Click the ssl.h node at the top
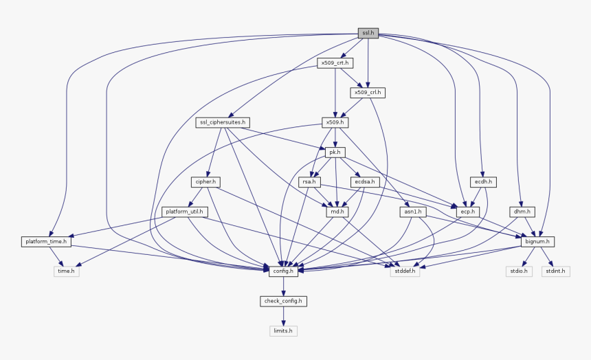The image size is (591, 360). pos(368,32)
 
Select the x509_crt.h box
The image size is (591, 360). pos(335,63)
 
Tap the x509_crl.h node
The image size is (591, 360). pos(367,92)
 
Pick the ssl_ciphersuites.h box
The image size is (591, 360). pos(222,122)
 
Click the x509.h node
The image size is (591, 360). pos(335,122)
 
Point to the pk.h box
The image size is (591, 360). pos(335,152)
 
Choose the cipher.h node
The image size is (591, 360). pos(205,182)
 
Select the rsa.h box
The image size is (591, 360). pos(309,182)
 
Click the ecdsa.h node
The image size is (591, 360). pos(364,182)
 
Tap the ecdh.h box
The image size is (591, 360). pos(483,182)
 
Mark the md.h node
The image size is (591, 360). pos(335,212)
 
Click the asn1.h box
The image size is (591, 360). pos(412,212)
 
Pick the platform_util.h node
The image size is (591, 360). pos(183,212)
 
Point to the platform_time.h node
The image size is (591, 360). pos(45,242)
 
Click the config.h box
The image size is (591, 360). pos(283,271)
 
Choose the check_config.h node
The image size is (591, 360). pos(283,301)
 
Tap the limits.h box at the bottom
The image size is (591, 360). pos(283,330)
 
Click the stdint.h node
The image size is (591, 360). pos(555,271)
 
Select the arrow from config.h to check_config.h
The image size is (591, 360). pos(283,286)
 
